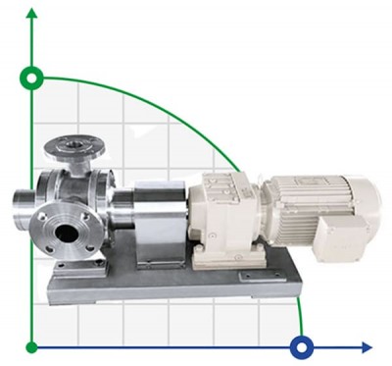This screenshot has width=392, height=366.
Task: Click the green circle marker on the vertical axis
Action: [x=32, y=77]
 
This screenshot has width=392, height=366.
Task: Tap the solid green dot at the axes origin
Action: [x=32, y=346]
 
